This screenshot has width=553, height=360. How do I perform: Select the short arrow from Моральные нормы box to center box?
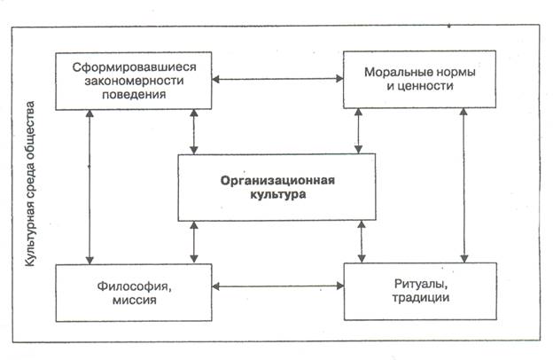tap(358, 131)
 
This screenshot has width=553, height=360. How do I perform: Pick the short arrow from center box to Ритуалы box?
tap(361, 241)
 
